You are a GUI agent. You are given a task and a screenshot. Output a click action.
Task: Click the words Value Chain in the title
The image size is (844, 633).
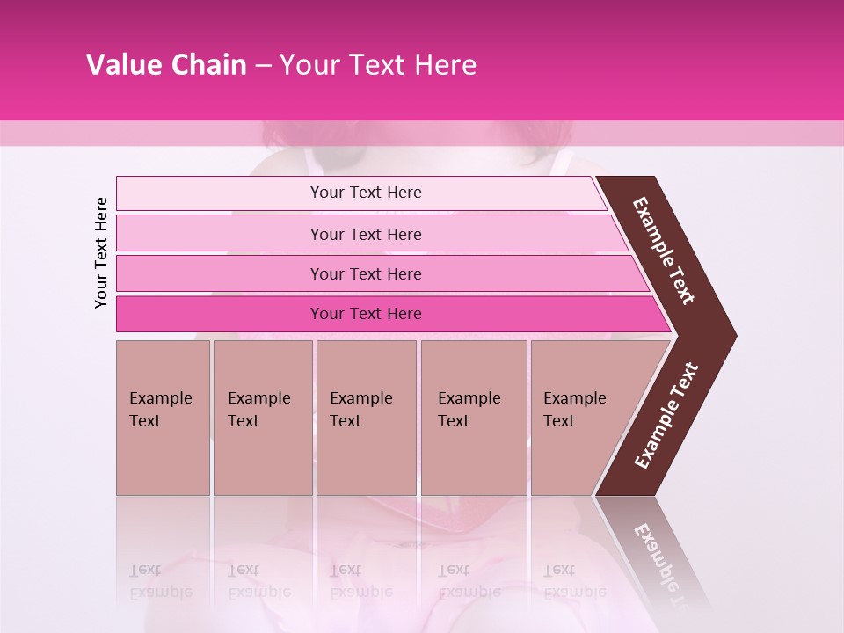pyautogui.click(x=166, y=65)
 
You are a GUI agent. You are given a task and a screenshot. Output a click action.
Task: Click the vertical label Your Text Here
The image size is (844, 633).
pyautogui.click(x=101, y=252)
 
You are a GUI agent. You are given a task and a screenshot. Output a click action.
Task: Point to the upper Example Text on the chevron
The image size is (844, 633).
pyautogui.click(x=664, y=251)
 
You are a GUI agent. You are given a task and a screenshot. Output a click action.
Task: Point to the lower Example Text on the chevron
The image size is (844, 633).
pyautogui.click(x=666, y=416)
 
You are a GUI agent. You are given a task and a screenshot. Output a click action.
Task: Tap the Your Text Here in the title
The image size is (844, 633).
pyautogui.click(x=377, y=65)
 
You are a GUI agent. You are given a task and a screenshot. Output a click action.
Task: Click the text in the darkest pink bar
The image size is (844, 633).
pyautogui.click(x=366, y=314)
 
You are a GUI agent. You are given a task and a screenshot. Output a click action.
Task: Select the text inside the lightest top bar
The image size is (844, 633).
pyautogui.click(x=366, y=193)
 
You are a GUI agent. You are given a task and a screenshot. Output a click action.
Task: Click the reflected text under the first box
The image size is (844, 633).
pyautogui.click(x=160, y=581)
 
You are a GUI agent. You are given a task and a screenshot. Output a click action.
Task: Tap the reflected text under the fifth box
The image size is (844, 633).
pyautogui.click(x=574, y=581)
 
